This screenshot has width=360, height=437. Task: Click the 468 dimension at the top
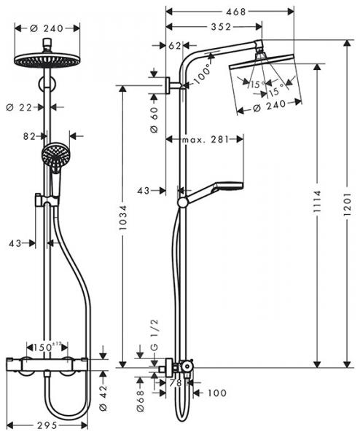235,12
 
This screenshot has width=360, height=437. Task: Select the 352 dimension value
213,27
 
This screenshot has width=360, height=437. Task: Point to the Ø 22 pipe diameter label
28,107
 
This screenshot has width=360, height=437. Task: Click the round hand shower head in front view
53,154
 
